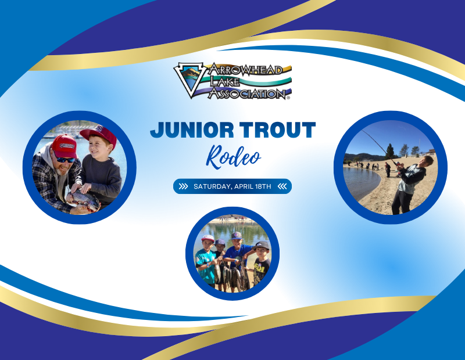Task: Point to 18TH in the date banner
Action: (x=263, y=186)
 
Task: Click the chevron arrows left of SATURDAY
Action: (x=183, y=186)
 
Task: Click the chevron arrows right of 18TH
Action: (x=282, y=186)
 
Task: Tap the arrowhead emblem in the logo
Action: (x=189, y=80)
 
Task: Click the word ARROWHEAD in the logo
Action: (x=246, y=70)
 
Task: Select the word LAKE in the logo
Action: (x=224, y=81)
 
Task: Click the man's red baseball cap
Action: (x=65, y=146)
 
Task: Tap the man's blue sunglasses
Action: (x=66, y=160)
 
